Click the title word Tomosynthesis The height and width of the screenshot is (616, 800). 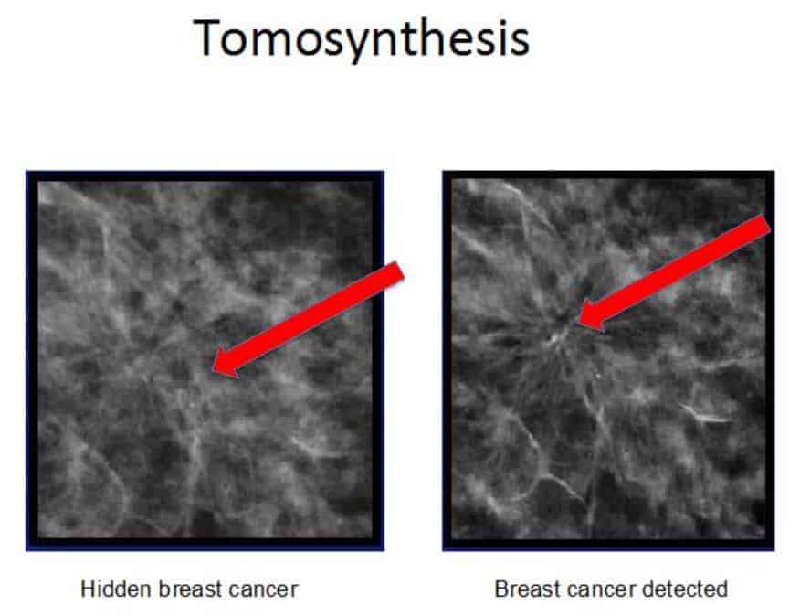coord(362,38)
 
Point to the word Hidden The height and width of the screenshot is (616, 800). coord(108,589)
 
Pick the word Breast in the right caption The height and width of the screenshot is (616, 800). coord(521,589)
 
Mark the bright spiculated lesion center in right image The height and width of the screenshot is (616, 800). coord(559,334)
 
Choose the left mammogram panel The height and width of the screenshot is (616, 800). coord(205,360)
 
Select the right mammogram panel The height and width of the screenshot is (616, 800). coord(608,360)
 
